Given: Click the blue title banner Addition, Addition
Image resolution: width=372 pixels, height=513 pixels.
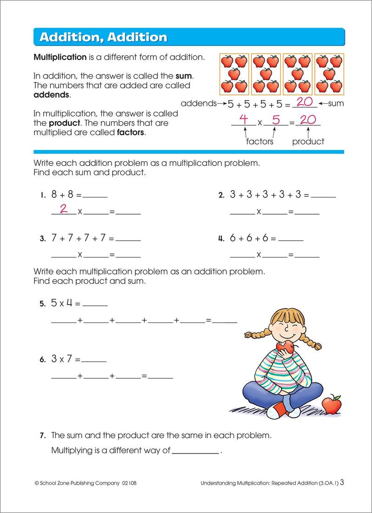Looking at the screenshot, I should [x=189, y=37].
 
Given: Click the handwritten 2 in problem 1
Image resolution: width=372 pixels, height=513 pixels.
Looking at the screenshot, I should [x=64, y=209].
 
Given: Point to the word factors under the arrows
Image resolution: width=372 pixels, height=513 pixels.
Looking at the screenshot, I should [x=259, y=142].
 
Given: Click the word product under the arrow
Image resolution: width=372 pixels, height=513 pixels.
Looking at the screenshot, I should [x=308, y=142].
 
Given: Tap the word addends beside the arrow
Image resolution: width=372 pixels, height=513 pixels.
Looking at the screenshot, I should [x=199, y=103].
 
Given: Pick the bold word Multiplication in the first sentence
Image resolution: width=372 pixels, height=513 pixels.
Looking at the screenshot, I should [x=60, y=58].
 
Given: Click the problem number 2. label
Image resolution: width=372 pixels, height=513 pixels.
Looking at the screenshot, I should [x=222, y=196].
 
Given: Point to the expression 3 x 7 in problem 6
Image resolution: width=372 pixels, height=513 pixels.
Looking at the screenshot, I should [x=62, y=359].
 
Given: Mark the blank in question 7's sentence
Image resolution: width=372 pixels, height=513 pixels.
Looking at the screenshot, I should [x=195, y=451].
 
